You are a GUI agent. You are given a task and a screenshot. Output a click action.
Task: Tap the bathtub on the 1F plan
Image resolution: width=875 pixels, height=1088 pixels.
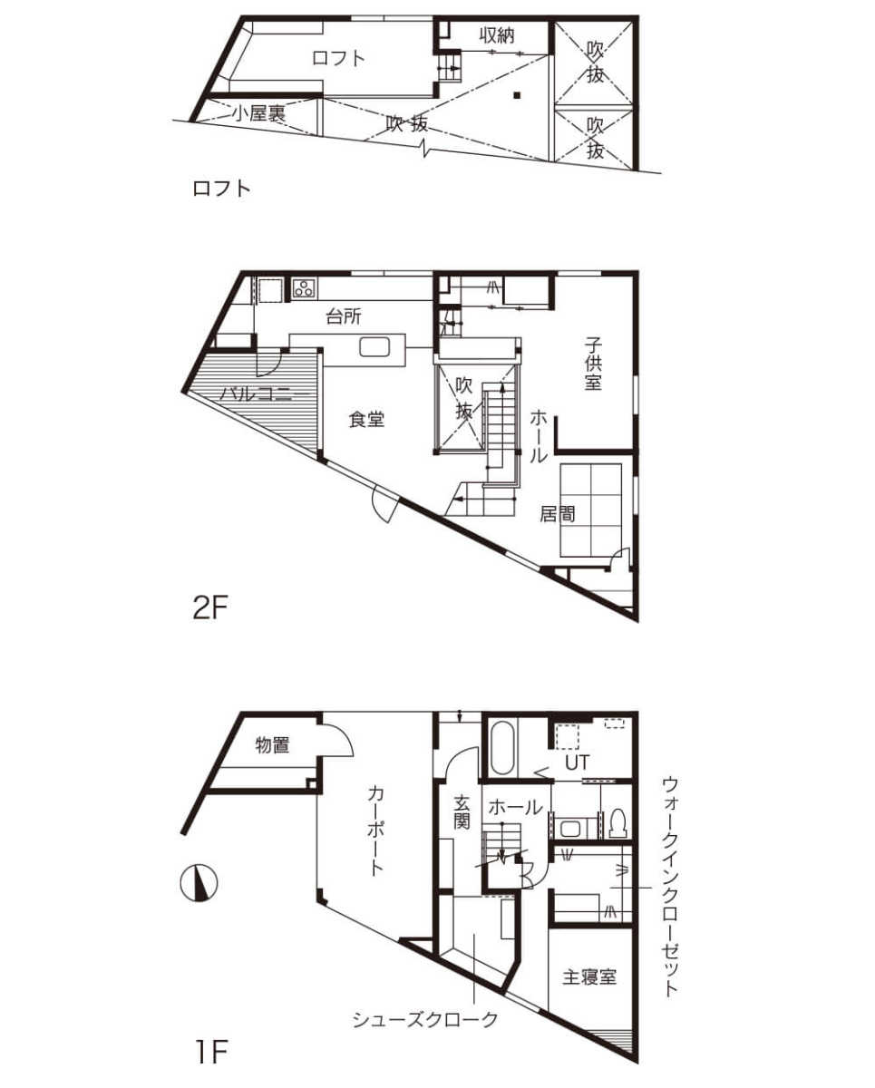click(x=502, y=748)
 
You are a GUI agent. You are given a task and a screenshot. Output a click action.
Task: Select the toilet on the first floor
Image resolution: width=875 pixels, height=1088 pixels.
click(x=618, y=823)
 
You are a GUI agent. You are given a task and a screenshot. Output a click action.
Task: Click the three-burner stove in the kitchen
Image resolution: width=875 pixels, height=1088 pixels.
click(x=305, y=288)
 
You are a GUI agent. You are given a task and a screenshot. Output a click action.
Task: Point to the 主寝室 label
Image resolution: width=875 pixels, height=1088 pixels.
click(x=589, y=976)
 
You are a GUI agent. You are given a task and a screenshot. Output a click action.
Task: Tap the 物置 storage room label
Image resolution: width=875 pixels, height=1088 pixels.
click(x=272, y=745)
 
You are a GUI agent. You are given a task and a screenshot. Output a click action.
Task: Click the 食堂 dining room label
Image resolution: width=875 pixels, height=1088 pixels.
click(x=366, y=419)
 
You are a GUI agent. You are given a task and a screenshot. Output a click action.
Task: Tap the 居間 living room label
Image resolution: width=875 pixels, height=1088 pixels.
click(x=558, y=514)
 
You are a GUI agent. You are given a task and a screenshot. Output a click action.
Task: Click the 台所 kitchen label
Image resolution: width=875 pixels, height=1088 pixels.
click(x=344, y=316)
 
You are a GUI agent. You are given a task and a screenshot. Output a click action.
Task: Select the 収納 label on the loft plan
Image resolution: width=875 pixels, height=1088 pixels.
click(x=497, y=35)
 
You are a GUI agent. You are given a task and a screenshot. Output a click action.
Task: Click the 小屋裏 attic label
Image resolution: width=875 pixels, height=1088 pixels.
click(x=258, y=113)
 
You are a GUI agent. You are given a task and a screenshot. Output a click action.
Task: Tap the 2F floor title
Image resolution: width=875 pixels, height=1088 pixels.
click(x=209, y=608)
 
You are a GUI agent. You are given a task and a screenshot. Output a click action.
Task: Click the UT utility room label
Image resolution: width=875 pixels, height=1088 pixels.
click(x=577, y=763)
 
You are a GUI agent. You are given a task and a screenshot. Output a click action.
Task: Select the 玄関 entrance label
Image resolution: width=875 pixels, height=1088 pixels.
click(x=462, y=812)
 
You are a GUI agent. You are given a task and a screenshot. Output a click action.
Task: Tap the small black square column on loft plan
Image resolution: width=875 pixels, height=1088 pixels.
click(x=516, y=94)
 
